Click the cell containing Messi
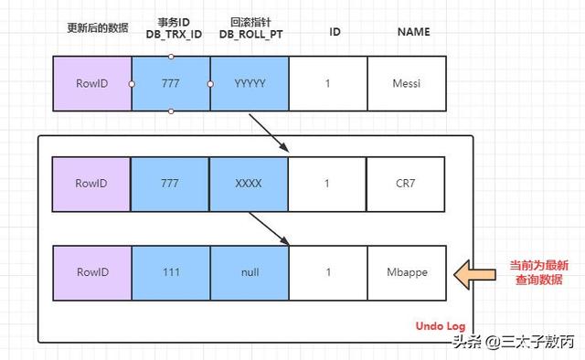click(406, 83)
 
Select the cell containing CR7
click(406, 184)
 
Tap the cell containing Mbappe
click(406, 272)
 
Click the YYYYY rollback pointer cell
click(250, 83)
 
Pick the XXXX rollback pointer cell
click(249, 184)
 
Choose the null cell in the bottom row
click(249, 272)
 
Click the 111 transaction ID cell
click(170, 272)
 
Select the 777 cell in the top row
click(171, 83)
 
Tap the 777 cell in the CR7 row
click(170, 184)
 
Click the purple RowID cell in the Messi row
click(92, 83)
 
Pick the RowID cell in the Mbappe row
click(91, 272)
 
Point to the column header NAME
click(413, 32)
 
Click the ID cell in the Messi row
click(328, 83)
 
